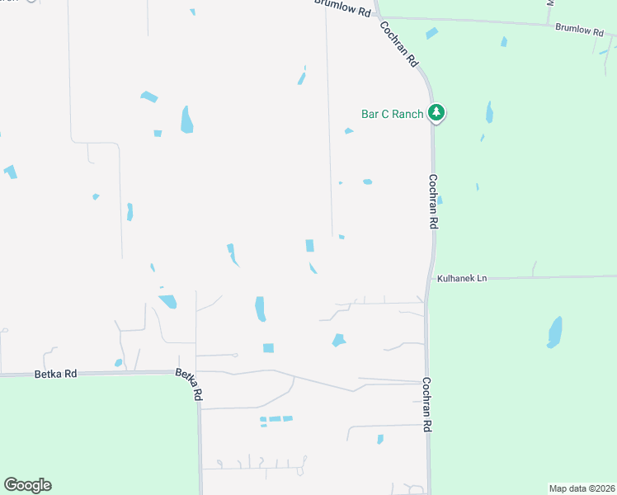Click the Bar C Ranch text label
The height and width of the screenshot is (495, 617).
[392, 114]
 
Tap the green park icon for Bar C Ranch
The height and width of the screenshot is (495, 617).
[436, 114]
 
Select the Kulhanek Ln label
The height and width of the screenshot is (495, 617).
[462, 279]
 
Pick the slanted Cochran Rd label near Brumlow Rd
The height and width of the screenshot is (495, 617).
[400, 44]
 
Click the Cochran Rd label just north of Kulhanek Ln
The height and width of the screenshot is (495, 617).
[432, 202]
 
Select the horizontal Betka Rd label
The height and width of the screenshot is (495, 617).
[56, 374]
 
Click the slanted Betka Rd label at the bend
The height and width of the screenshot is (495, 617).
[189, 384]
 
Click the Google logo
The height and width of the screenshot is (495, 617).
[27, 485]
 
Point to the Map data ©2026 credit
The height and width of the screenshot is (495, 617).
[581, 488]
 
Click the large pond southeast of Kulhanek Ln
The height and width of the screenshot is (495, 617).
[555, 332]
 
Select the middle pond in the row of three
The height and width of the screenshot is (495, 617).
[275, 419]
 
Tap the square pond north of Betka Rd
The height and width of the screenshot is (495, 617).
[268, 348]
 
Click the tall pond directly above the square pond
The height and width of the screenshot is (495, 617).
[261, 309]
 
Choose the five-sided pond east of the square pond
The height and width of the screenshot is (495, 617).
[338, 340]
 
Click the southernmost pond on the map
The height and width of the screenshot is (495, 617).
[380, 439]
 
